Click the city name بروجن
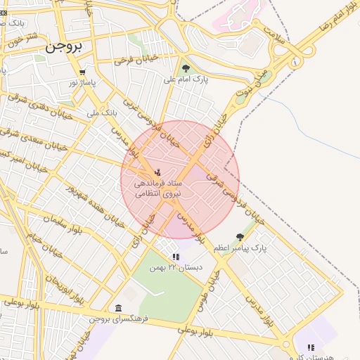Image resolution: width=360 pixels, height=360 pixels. pyautogui.click(x=65, y=48)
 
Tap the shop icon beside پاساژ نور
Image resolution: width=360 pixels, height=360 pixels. pyautogui.click(x=82, y=72)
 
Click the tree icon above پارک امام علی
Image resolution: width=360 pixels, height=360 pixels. pyautogui.click(x=186, y=68)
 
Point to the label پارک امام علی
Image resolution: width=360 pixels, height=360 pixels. pyautogui.click(x=186, y=79)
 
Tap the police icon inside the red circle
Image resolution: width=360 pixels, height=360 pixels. pyautogui.click(x=157, y=172)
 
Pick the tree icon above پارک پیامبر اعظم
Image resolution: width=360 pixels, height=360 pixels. pyautogui.click(x=240, y=237)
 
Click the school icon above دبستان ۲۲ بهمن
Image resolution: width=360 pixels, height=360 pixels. pyautogui.click(x=176, y=257)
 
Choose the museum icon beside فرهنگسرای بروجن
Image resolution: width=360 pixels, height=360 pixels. pyautogui.click(x=117, y=309)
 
